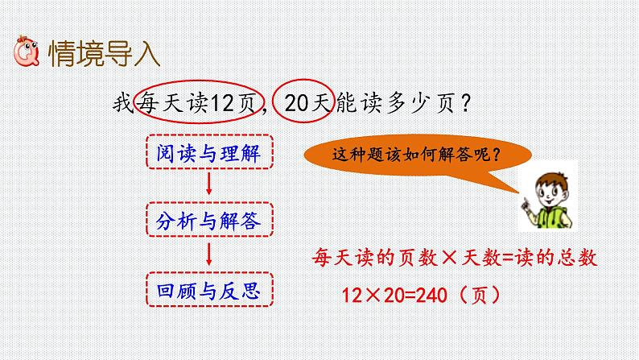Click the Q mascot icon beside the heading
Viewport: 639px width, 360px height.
coord(27,52)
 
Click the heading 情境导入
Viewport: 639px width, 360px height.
coord(105,53)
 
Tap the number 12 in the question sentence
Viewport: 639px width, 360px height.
coord(222,103)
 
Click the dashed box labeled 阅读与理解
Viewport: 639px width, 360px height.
coord(209,151)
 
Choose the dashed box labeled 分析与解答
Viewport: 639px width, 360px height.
coord(209,219)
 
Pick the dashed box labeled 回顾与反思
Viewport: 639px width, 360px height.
coord(209,289)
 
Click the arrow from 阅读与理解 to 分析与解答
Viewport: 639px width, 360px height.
coord(209,184)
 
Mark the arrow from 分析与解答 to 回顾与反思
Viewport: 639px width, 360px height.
coord(209,254)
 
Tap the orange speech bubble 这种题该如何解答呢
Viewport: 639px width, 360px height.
coord(417,155)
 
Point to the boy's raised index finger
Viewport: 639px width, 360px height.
coord(525,201)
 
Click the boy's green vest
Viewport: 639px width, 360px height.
coord(552,217)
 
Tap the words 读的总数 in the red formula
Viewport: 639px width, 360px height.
coord(556,258)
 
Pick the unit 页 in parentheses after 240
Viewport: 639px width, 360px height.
coord(480,295)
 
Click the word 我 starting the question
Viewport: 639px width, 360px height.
coord(123,103)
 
